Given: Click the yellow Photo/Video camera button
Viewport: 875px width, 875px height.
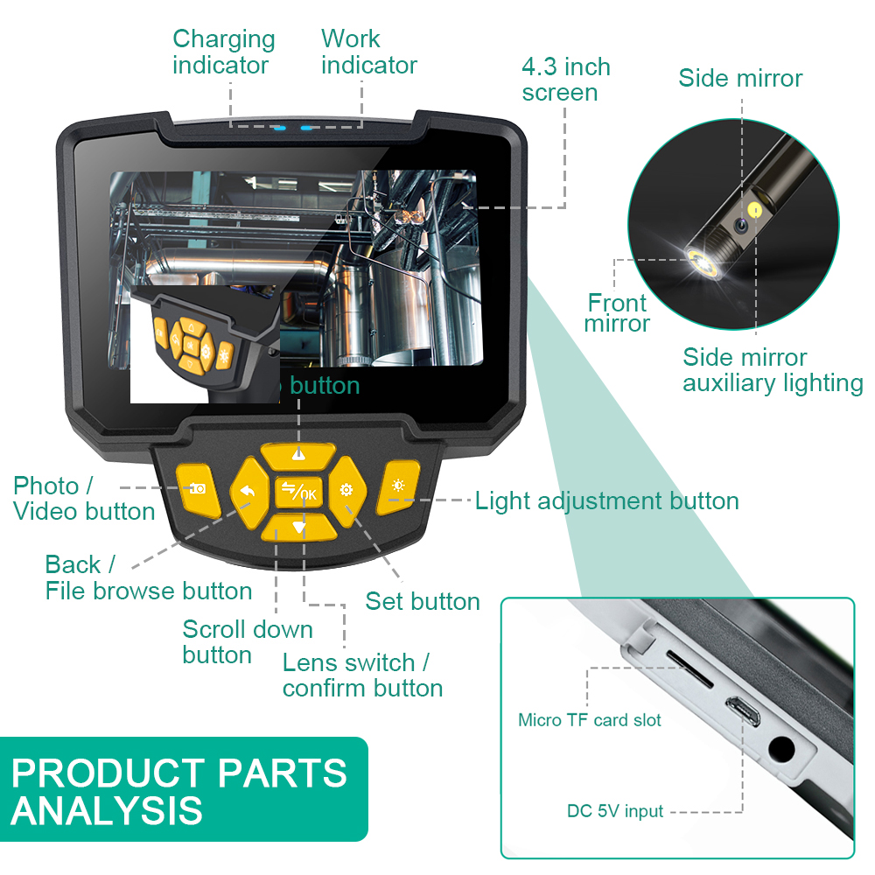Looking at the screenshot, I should pyautogui.click(x=194, y=487).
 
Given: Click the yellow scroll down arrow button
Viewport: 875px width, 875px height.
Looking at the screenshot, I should pyautogui.click(x=298, y=527).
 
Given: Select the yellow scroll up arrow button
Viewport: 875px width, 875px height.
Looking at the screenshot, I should pyautogui.click(x=298, y=455).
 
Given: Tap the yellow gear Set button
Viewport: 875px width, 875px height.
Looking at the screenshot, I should pyautogui.click(x=346, y=491).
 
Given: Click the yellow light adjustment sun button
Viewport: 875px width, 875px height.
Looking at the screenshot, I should pyautogui.click(x=398, y=487).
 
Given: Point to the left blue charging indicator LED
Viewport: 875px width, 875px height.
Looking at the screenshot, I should pyautogui.click(x=278, y=129).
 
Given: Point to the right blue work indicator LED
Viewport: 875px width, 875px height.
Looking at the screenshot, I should pyautogui.click(x=306, y=129).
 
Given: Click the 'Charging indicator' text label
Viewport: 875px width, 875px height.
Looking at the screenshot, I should pyautogui.click(x=223, y=52).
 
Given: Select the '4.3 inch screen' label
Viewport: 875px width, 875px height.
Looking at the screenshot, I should pyautogui.click(x=566, y=80).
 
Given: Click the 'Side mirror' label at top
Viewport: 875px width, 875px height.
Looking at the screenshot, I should pyautogui.click(x=740, y=78).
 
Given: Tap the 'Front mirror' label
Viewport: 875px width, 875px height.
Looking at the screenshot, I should pyautogui.click(x=618, y=313).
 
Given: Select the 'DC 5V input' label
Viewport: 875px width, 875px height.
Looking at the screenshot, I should pyautogui.click(x=614, y=811).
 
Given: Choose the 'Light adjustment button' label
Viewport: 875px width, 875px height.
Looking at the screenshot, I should pyautogui.click(x=606, y=500).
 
